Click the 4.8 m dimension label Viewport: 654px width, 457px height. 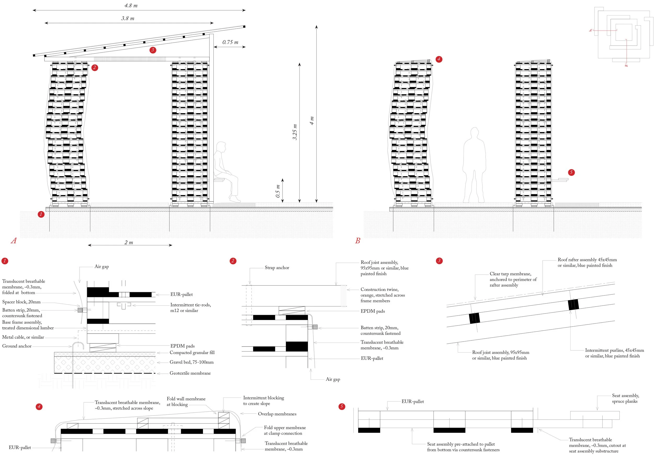(131, 5)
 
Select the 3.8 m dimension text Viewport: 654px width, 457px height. (128, 19)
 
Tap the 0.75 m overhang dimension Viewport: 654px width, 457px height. (230, 42)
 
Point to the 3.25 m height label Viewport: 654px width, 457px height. (295, 132)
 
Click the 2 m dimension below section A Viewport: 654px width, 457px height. (129, 243)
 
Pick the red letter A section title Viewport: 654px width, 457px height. (13, 241)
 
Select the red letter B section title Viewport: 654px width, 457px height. (358, 241)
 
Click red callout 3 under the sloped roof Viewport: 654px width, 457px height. (153, 50)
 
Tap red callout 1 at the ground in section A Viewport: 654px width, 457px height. (41, 214)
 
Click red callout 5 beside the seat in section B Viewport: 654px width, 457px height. (571, 172)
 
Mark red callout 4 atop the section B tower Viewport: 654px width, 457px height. (439, 59)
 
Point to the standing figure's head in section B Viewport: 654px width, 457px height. (474, 133)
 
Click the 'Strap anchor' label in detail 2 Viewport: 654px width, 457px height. (277, 268)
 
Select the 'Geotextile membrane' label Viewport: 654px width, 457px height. (190, 373)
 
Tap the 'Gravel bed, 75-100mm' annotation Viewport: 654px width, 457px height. (191, 362)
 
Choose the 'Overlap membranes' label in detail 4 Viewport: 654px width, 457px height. (277, 414)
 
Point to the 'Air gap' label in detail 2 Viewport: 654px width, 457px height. (333, 379)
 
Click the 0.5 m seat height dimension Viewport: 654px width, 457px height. (278, 191)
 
